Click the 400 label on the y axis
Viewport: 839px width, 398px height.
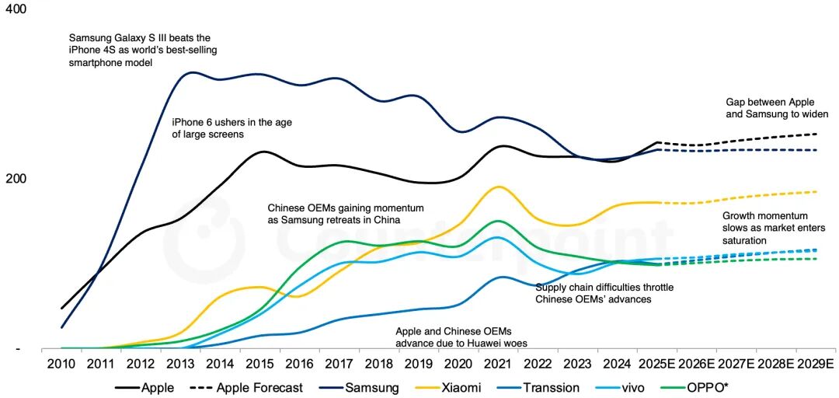pyautogui.click(x=16, y=9)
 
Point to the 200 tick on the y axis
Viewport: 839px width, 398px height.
pyautogui.click(x=16, y=179)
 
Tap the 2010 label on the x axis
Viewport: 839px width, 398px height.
pyautogui.click(x=61, y=364)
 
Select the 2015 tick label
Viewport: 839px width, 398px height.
pyautogui.click(x=259, y=364)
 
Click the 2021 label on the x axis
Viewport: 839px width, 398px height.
pyautogui.click(x=498, y=364)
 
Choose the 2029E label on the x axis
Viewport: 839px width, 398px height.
pyautogui.click(x=815, y=364)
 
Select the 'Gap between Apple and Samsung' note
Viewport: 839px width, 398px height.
pyautogui.click(x=777, y=108)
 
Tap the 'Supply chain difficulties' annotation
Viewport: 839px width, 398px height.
pyautogui.click(x=604, y=293)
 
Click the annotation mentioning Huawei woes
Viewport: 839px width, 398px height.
pyautogui.click(x=454, y=337)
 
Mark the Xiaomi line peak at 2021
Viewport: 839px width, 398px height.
pyautogui.click(x=499, y=187)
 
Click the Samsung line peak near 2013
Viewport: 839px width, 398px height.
pyautogui.click(x=191, y=73)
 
